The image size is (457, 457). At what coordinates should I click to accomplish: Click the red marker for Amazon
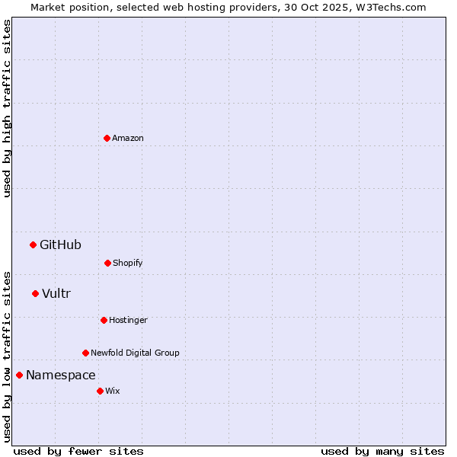tap(107, 138)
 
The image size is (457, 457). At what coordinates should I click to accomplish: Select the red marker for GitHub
tap(33, 244)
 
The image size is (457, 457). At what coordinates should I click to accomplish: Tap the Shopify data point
tap(107, 263)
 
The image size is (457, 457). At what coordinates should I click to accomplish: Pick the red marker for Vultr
tap(35, 293)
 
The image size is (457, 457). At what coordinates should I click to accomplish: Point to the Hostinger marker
tap(104, 320)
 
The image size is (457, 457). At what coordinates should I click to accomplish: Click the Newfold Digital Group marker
tap(85, 353)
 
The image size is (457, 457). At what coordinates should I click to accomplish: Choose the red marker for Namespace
tap(19, 375)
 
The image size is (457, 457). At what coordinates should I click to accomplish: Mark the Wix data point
tap(100, 391)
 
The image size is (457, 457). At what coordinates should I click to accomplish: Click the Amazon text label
tap(128, 138)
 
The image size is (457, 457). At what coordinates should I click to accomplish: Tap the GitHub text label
tap(60, 244)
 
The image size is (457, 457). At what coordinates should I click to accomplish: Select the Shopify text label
tap(128, 263)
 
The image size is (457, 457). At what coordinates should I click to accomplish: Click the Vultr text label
tap(56, 293)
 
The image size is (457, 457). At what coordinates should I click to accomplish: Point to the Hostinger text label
tap(128, 320)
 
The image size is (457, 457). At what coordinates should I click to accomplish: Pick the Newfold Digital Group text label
tap(135, 353)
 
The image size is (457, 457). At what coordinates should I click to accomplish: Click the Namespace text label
tap(61, 375)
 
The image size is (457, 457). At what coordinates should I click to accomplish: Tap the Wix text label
tap(113, 391)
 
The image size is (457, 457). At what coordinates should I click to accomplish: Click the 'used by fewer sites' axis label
tap(78, 451)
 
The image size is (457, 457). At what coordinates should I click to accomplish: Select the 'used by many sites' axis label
tap(382, 451)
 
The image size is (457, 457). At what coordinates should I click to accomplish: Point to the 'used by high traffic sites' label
tap(7, 108)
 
